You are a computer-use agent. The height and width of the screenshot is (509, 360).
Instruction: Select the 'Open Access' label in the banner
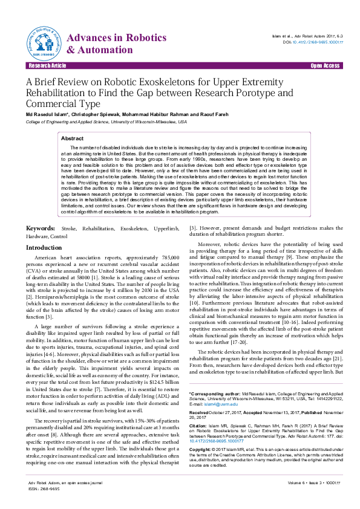324,65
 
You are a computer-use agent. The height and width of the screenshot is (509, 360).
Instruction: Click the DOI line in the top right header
313,42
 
